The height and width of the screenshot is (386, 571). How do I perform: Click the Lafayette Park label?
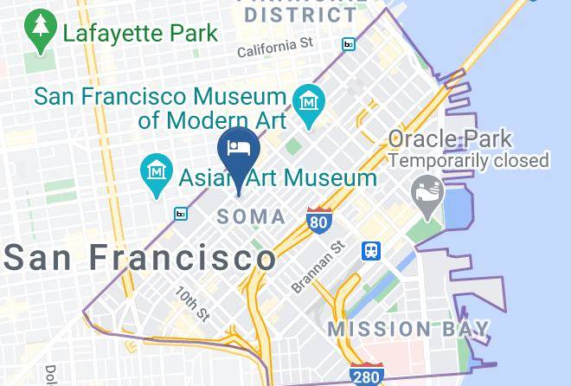139,35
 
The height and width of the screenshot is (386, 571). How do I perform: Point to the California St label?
275,45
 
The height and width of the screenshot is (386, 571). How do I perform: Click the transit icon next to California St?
349,44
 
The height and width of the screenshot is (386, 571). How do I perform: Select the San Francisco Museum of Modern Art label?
160,107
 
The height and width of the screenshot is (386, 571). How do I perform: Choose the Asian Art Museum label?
278,178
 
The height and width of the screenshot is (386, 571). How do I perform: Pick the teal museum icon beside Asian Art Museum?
157,170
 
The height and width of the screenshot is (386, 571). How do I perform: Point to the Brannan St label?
318,267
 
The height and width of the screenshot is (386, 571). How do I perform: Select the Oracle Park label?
450,139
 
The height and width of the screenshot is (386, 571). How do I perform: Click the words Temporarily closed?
469,160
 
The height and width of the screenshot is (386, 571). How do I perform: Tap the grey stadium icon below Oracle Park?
427,190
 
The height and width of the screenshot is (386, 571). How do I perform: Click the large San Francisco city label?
140,257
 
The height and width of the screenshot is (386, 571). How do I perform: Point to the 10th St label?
192,302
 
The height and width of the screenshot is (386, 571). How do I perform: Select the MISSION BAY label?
408,330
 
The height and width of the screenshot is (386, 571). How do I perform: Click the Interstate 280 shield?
367,375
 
